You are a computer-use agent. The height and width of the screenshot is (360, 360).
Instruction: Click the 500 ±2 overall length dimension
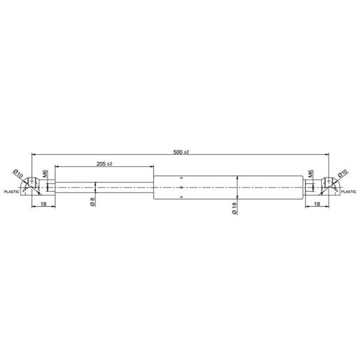point(181,152)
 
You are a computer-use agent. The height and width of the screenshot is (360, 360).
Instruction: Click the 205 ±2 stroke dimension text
point(104,164)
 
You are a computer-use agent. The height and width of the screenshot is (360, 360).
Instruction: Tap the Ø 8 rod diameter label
point(93,202)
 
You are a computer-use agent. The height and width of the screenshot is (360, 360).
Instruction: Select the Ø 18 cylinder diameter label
point(235,208)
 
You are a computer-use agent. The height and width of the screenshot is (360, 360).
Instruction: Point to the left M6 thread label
point(45,173)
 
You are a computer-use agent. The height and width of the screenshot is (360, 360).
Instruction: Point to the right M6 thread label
point(311,173)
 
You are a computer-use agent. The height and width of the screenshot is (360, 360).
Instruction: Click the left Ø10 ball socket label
point(18,173)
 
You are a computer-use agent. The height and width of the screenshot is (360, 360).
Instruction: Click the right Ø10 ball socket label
point(343,173)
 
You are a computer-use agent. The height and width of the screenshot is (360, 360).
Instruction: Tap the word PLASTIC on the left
point(11,192)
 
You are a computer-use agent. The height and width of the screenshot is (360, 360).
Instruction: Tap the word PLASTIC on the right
point(349,192)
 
